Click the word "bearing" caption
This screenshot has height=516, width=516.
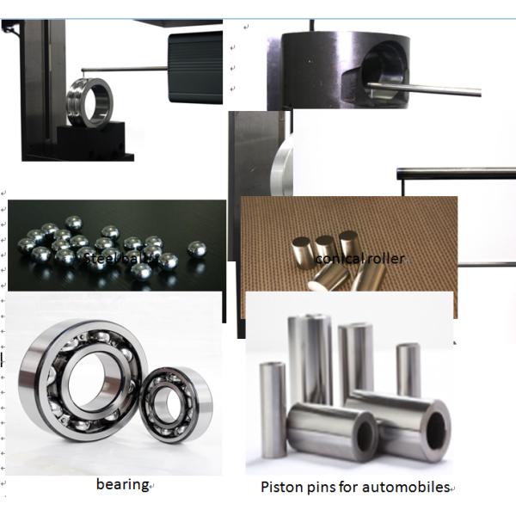tap(122, 484)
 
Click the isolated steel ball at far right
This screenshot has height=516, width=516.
tap(197, 248)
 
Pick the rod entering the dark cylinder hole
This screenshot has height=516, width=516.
tap(426, 88)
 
